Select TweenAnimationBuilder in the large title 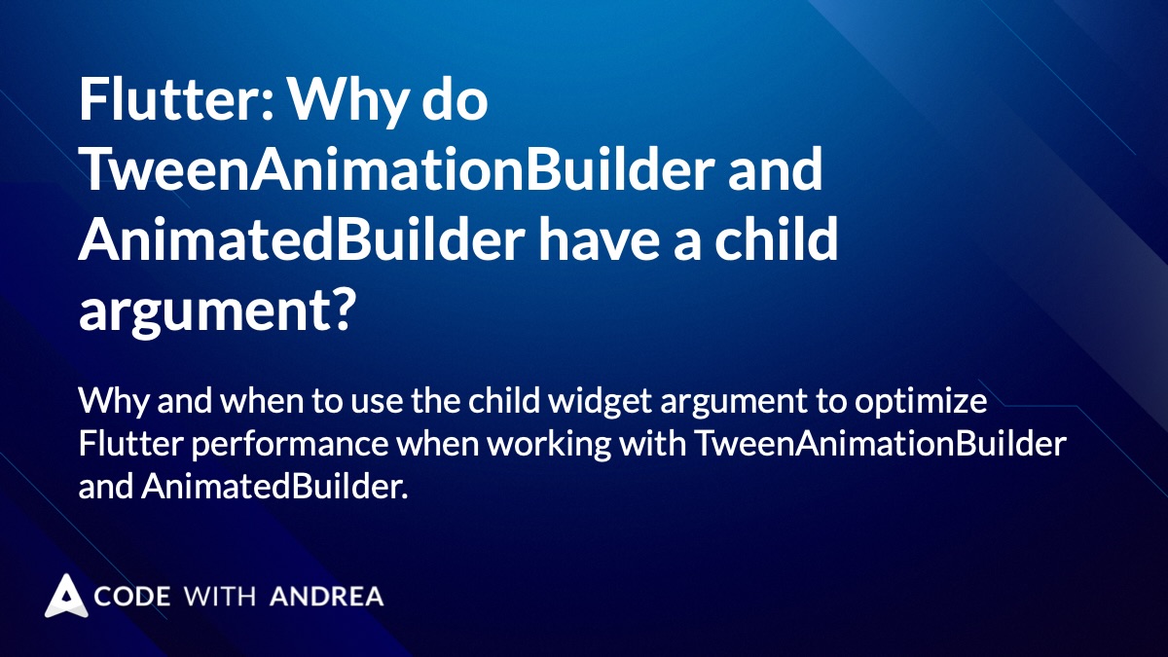pos(451,169)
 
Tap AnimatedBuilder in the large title pos(302,239)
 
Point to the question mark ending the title pos(343,310)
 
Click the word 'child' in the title pos(776,239)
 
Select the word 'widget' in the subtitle pos(599,401)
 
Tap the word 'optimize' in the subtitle pos(921,401)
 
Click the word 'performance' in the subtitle pos(290,444)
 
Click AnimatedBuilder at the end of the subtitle pos(274,487)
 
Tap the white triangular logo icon pos(66,596)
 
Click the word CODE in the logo pos(132,597)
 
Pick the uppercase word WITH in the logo pos(220,597)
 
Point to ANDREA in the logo pos(327,597)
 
